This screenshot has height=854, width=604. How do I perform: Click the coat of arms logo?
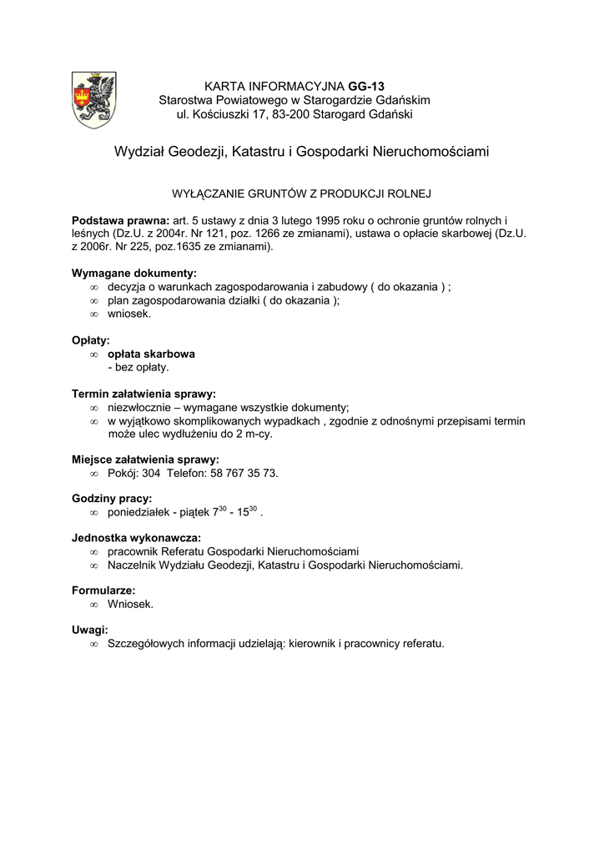[94, 99]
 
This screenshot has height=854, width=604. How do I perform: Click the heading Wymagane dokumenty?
[134, 273]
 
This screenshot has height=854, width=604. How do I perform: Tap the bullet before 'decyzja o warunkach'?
[93, 287]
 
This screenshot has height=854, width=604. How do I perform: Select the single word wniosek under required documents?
[129, 314]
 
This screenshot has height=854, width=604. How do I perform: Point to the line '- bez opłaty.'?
[138, 367]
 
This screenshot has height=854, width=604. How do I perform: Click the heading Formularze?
[103, 590]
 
